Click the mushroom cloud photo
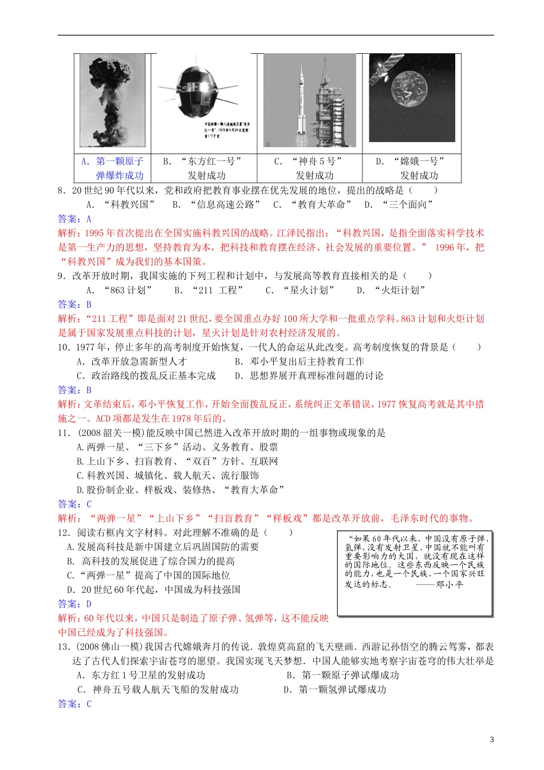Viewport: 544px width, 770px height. (x=112, y=101)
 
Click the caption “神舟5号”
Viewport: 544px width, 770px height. (x=317, y=162)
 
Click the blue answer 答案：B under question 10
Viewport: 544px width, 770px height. (x=74, y=390)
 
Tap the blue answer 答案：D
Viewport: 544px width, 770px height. (x=74, y=604)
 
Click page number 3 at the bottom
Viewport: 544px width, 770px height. (x=491, y=740)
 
